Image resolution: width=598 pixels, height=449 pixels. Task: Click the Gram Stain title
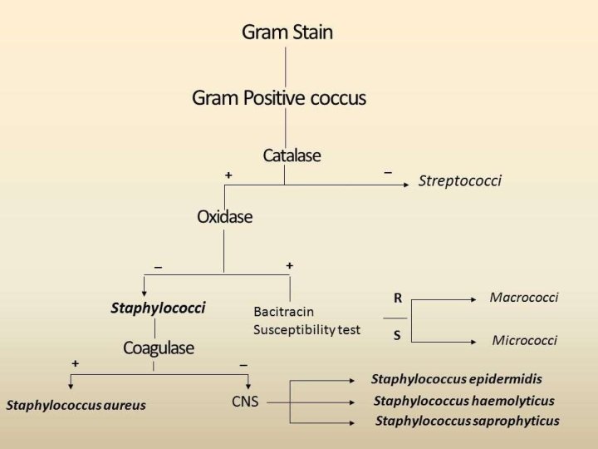click(287, 32)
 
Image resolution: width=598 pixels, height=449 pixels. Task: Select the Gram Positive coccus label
click(279, 98)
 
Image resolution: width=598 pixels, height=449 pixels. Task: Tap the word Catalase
click(292, 155)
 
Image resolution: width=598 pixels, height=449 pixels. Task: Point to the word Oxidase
click(224, 217)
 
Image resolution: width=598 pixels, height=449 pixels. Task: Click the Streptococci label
click(460, 180)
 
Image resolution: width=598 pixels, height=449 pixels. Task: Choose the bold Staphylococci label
click(158, 308)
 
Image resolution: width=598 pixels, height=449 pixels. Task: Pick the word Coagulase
click(159, 348)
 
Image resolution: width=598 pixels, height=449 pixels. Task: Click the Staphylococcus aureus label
click(76, 406)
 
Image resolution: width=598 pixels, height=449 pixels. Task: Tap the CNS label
click(245, 402)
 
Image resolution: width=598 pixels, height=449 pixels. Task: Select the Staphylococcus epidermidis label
click(456, 379)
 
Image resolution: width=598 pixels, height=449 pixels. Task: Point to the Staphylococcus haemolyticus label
click(463, 401)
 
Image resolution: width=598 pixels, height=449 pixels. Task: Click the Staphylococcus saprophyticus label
click(467, 421)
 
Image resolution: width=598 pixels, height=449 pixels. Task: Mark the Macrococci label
click(524, 297)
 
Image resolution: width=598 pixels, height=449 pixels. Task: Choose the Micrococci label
click(524, 340)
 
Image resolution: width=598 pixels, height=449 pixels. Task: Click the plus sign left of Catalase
click(228, 175)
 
